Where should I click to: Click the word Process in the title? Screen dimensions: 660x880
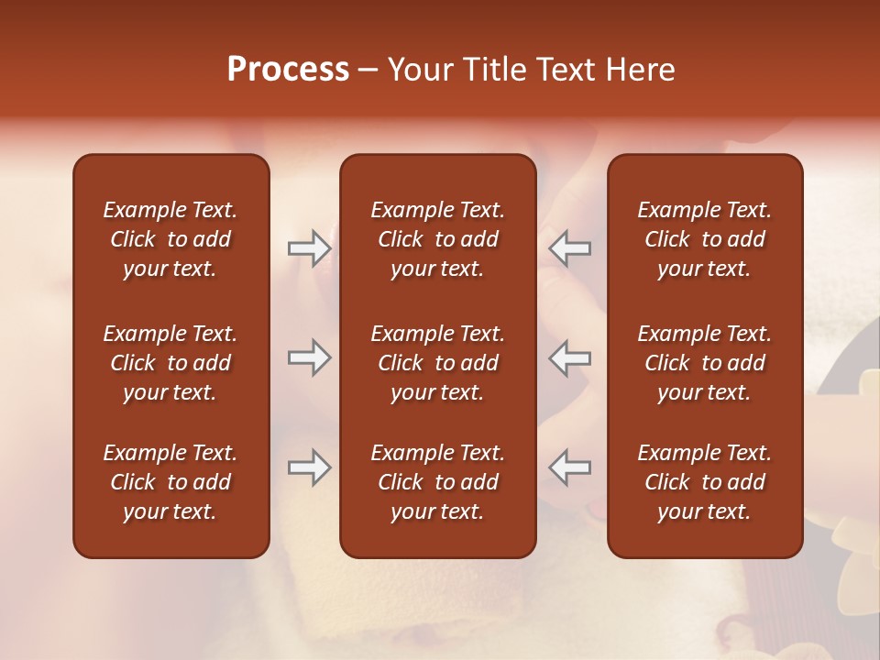click(288, 70)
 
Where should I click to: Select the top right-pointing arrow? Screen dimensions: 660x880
click(310, 248)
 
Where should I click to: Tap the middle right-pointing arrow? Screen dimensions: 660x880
click(310, 357)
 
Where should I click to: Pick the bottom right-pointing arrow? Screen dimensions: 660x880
click(310, 467)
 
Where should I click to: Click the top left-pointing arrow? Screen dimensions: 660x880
click(570, 248)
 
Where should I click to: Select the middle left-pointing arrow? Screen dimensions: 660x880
click(570, 357)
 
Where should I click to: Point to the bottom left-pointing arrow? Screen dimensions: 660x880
click(570, 467)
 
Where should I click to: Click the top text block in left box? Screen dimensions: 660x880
click(170, 239)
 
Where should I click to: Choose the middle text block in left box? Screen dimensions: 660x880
click(170, 363)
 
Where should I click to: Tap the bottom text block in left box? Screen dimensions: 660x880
click(170, 482)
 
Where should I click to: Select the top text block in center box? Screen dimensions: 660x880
click(437, 239)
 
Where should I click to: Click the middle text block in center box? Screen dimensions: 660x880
click(437, 363)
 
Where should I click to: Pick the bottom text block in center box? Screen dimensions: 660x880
click(437, 482)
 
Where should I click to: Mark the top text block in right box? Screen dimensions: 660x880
click(704, 239)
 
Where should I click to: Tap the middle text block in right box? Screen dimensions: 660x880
click(704, 363)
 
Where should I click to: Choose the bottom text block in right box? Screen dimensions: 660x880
click(704, 482)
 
